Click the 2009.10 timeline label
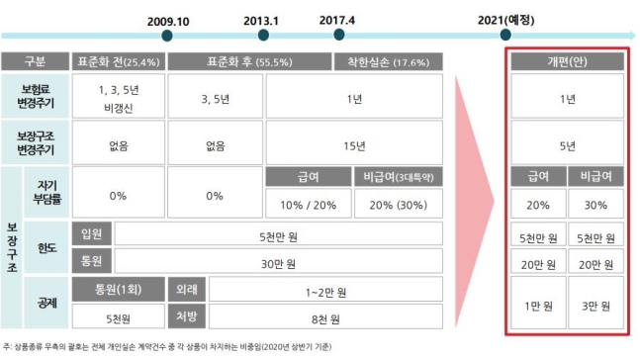tap(167, 20)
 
